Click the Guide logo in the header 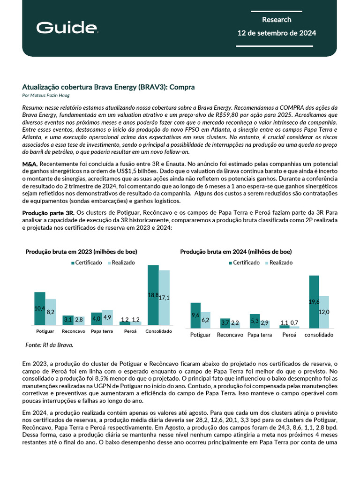pos(67,28)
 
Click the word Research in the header pos(277,20)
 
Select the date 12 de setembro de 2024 pos(277,33)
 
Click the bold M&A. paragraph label pos(30,164)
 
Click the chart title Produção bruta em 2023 pos(81,252)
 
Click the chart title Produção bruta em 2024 pos(236,252)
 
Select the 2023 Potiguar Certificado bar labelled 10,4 pos(39,308)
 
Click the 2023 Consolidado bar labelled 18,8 pos(153,295)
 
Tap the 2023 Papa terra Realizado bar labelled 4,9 pos(107,317)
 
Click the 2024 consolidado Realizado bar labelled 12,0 pos(324,312)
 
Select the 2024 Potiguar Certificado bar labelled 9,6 pos(195,315)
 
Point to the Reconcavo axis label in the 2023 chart pos(74,331)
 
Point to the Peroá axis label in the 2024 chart pos(289,335)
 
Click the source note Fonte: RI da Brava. pos(49,345)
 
